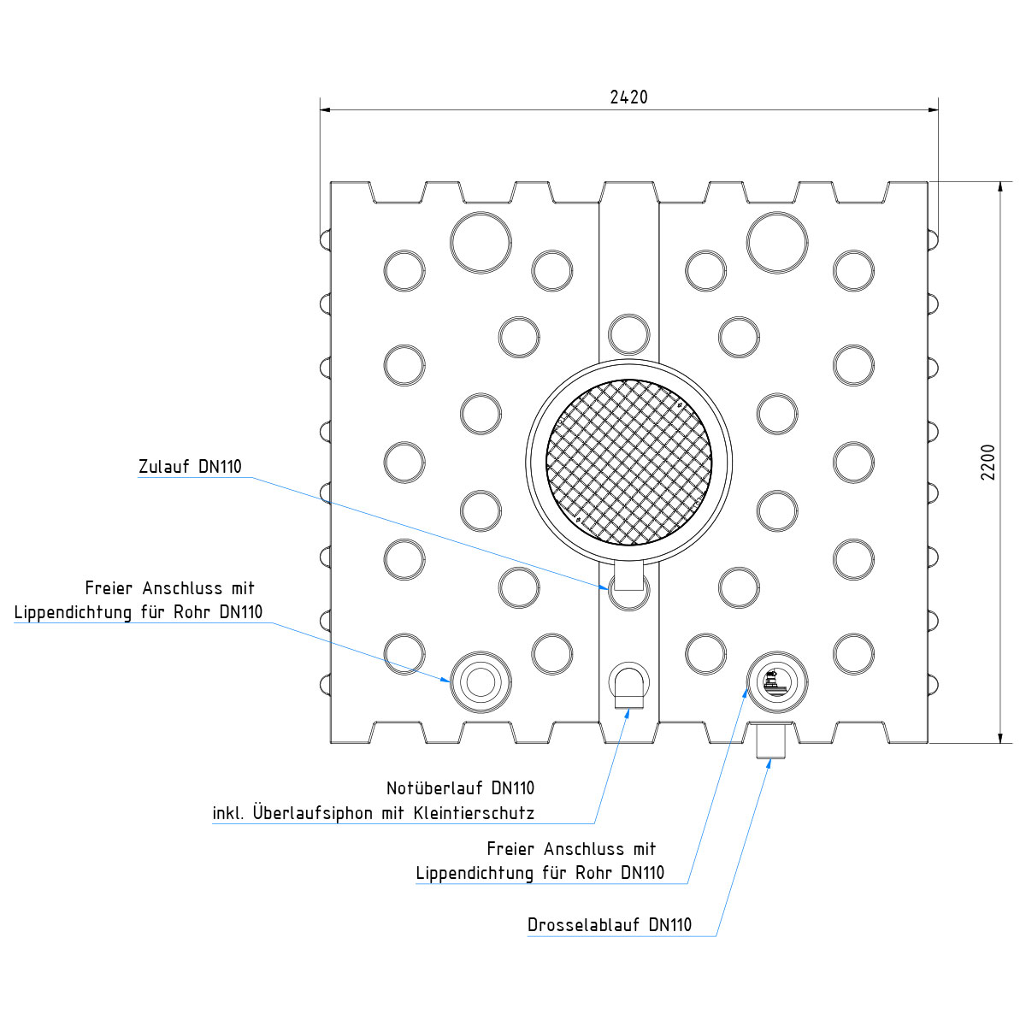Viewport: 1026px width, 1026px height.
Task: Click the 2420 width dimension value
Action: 628,97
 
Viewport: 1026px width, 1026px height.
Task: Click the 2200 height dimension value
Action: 988,462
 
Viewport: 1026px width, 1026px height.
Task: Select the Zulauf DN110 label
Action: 190,467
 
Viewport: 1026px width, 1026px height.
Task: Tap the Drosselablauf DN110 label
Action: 610,924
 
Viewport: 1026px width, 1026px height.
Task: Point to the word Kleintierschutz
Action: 474,813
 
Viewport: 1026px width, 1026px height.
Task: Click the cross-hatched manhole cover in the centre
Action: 629,462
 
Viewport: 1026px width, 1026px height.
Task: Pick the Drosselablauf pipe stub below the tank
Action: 771,740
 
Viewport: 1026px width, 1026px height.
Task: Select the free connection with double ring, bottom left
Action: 481,681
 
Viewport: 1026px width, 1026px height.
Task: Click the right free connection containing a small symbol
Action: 776,681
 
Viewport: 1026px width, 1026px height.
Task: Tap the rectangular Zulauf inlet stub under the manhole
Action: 629,575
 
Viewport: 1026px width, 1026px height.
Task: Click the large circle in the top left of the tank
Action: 481,243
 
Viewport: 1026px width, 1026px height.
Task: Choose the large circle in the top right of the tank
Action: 777,243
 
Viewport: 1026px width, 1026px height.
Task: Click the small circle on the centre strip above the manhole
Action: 629,334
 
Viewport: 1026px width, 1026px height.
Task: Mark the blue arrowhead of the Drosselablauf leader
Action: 767,764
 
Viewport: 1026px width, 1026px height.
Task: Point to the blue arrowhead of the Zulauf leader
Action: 606,587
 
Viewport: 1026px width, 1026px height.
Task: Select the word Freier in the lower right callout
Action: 510,849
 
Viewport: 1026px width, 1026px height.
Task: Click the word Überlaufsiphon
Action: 313,813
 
